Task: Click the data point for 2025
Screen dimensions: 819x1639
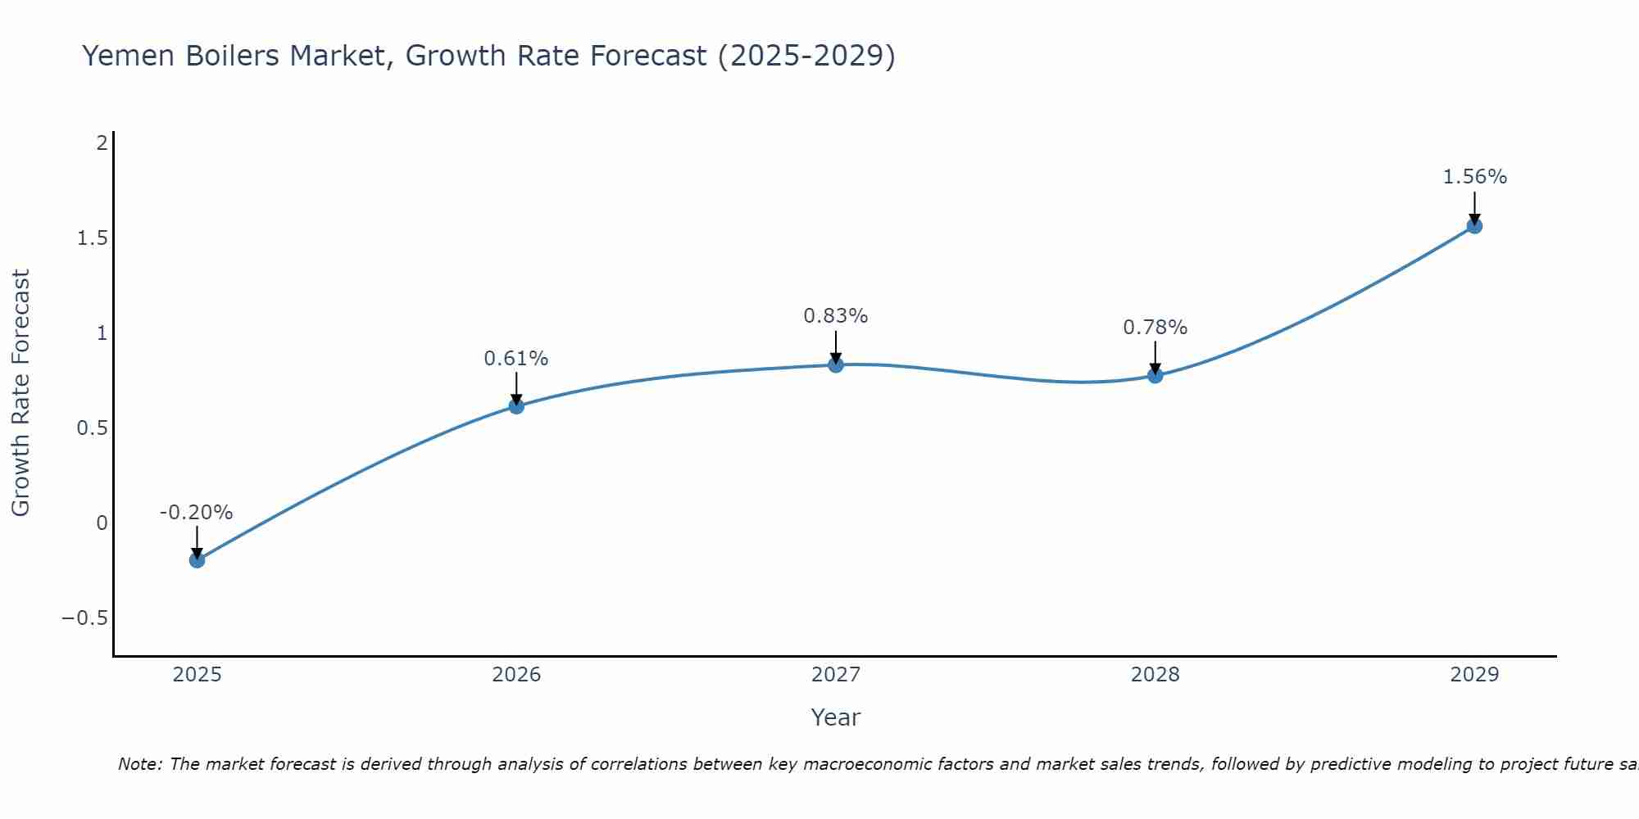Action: (197, 560)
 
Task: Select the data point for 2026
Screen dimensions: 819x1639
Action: (516, 405)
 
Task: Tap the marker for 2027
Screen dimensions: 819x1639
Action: (836, 364)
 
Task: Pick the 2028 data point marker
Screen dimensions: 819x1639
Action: (1155, 375)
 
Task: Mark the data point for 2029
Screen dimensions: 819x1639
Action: (1474, 226)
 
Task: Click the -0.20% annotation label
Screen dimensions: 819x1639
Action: (196, 513)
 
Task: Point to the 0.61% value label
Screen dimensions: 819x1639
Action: (515, 359)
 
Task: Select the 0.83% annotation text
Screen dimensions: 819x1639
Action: (835, 316)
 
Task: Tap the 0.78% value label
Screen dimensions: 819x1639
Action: (1155, 328)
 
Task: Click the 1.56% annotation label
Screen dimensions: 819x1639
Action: (1474, 177)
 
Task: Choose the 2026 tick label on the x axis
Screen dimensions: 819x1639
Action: (516, 675)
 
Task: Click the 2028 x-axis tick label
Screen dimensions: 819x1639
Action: (1155, 675)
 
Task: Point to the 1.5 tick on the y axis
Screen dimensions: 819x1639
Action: (93, 238)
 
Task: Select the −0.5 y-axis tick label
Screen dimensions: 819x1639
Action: (85, 618)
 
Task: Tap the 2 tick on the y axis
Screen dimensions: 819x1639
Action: (102, 143)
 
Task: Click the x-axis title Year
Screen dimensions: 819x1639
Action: (835, 717)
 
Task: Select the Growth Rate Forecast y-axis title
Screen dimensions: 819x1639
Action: (21, 393)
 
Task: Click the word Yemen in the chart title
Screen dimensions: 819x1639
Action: (130, 57)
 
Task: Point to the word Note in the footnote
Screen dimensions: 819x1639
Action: (140, 764)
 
